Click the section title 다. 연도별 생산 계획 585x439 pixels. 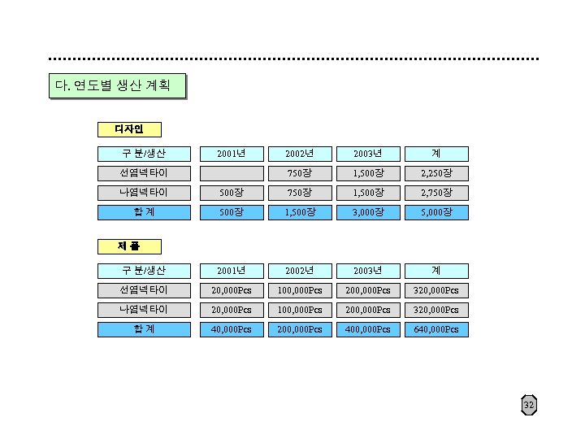point(117,86)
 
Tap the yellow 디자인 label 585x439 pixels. point(128,129)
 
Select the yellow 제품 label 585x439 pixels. point(128,246)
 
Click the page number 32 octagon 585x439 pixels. point(529,405)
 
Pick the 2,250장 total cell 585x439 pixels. point(436,173)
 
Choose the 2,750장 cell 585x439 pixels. point(436,193)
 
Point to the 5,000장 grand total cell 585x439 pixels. point(436,212)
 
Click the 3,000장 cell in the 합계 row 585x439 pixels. point(368,212)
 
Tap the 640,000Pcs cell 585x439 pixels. point(436,329)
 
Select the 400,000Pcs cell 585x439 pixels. point(368,329)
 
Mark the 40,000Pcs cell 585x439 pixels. point(232,329)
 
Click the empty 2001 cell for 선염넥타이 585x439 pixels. point(232,173)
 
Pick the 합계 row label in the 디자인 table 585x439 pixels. point(144,212)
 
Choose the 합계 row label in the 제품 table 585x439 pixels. point(144,329)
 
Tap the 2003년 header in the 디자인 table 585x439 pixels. point(368,154)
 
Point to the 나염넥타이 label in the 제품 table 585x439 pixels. point(144,310)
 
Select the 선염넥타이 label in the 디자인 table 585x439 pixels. point(144,173)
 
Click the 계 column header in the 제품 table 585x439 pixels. point(436,271)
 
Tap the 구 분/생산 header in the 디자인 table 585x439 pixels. point(144,154)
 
